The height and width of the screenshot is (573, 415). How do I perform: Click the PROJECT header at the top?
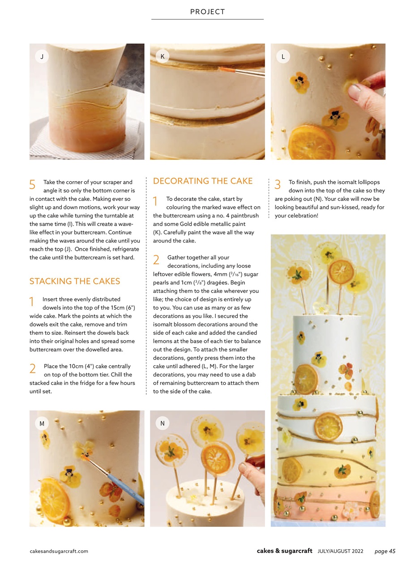pyautogui.click(x=207, y=12)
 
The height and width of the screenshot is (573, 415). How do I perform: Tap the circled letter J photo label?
pyautogui.click(x=42, y=56)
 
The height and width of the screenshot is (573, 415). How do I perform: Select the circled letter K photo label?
pyautogui.click(x=162, y=56)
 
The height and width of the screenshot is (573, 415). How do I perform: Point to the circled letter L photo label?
pyautogui.click(x=283, y=56)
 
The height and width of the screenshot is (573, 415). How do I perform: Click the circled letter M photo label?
pyautogui.click(x=42, y=423)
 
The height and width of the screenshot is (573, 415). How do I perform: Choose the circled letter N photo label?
pyautogui.click(x=162, y=423)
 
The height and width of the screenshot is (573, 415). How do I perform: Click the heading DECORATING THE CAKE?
pyautogui.click(x=203, y=181)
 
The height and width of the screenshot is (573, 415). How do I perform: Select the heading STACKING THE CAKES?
pyautogui.click(x=75, y=281)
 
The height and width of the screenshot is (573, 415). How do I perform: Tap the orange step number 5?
pyautogui.click(x=32, y=184)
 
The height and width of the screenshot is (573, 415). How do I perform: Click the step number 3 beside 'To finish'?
pyautogui.click(x=278, y=184)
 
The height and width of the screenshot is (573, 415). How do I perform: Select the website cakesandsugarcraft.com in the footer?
pyautogui.click(x=59, y=551)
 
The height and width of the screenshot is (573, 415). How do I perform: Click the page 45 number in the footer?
pyautogui.click(x=385, y=551)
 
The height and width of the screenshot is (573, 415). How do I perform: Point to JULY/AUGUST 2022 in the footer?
pyautogui.click(x=340, y=551)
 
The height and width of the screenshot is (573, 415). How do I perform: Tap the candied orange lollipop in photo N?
pyautogui.click(x=217, y=455)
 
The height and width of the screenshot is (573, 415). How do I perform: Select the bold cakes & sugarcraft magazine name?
pyautogui.click(x=284, y=551)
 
